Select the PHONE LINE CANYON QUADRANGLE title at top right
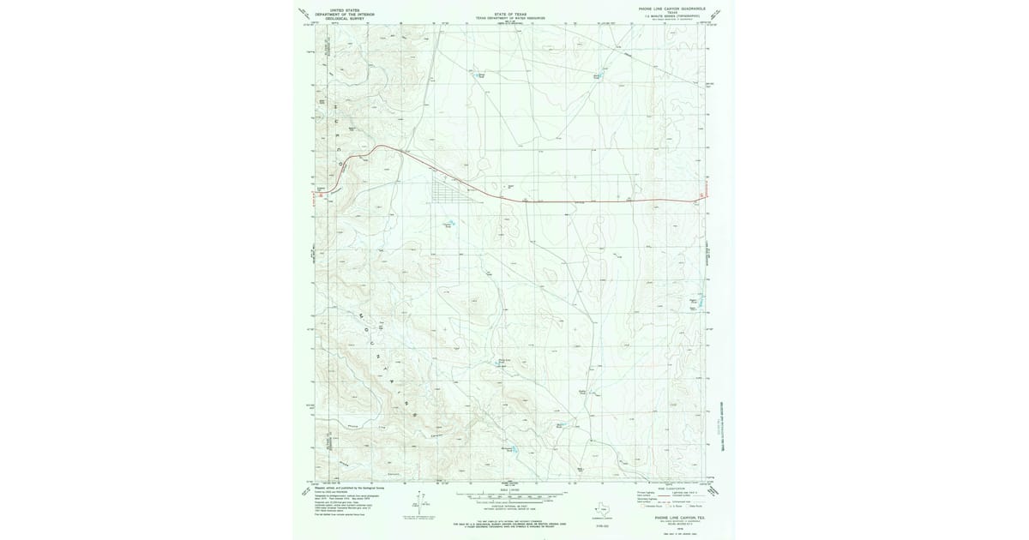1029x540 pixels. point(675,9)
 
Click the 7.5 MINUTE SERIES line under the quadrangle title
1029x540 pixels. point(675,16)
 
